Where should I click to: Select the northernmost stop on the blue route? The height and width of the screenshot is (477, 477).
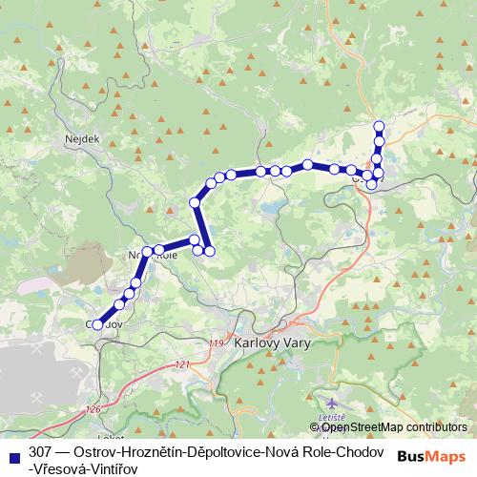pyautogui.click(x=379, y=126)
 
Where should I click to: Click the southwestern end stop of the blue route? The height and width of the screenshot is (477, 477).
pyautogui.click(x=97, y=325)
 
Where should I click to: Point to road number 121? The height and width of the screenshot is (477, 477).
pyautogui.click(x=183, y=364)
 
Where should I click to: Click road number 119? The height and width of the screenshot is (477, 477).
pyautogui.click(x=214, y=343)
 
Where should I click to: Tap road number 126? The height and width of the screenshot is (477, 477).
pyautogui.click(x=92, y=409)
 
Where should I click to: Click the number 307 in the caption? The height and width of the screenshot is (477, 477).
pyautogui.click(x=41, y=449)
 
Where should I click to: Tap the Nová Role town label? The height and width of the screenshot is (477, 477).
pyautogui.click(x=153, y=255)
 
